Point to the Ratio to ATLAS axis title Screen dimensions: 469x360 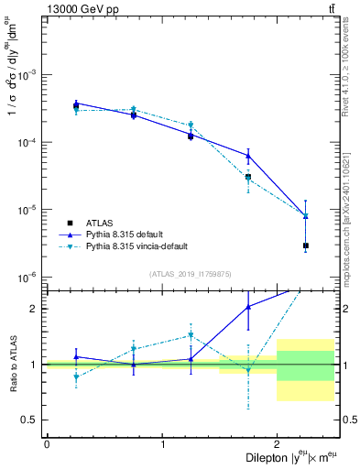point(13,364)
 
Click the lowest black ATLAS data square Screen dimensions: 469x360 point(306,245)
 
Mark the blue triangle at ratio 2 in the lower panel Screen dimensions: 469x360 point(248,307)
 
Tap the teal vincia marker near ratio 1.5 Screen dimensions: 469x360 point(191,335)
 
